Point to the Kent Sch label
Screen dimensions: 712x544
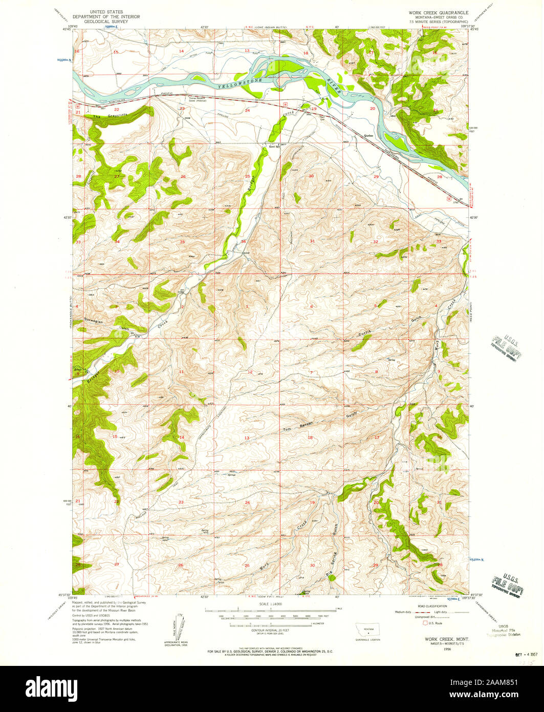(x=274, y=146)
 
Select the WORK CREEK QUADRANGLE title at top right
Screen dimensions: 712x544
(x=438, y=10)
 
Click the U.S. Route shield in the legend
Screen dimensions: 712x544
(x=424, y=623)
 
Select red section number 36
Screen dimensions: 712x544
(x=243, y=241)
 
